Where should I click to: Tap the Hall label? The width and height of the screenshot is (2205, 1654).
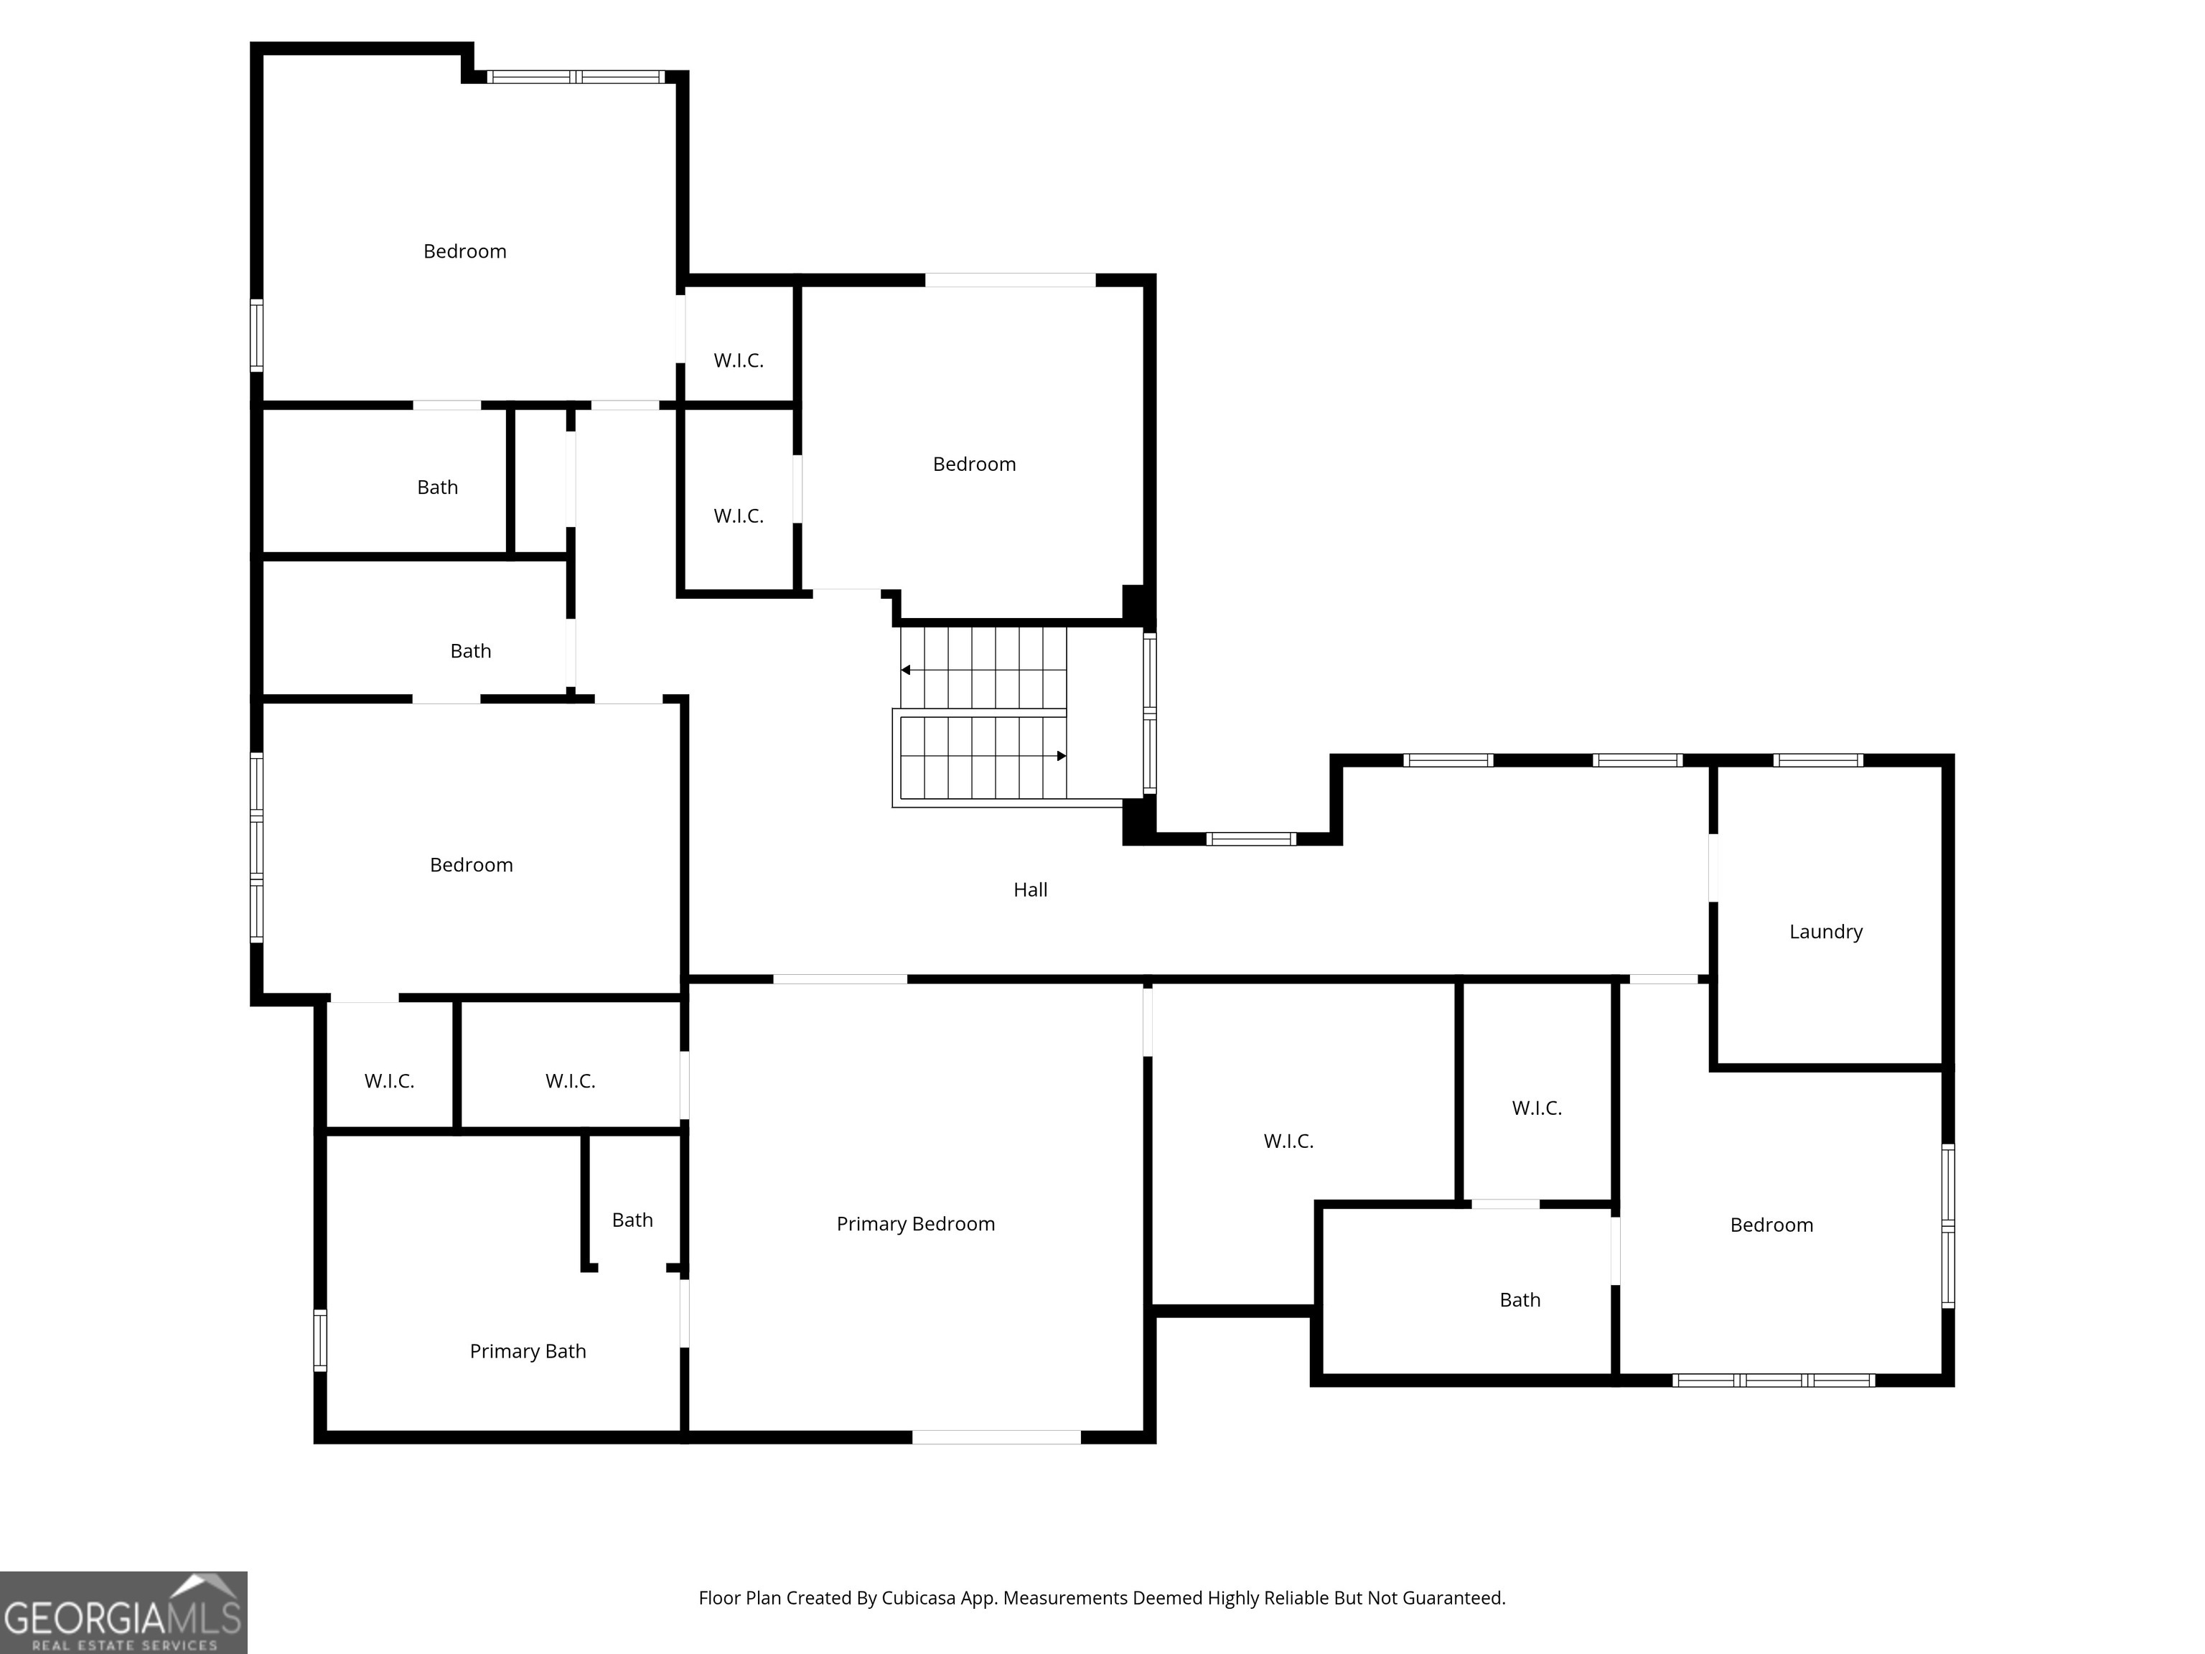(1030, 890)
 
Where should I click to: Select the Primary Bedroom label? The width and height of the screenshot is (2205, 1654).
(915, 1224)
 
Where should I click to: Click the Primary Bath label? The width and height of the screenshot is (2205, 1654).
(528, 1352)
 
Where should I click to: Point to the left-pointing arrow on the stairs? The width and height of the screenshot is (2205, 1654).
(906, 670)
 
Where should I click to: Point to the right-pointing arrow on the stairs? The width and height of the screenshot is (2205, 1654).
(1061, 756)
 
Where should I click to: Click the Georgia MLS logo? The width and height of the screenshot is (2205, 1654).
(123, 1612)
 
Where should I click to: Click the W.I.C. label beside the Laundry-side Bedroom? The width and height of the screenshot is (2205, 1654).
(1536, 1108)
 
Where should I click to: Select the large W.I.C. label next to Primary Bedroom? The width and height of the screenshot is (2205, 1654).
(1288, 1141)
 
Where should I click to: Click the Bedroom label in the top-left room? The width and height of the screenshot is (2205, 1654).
(464, 252)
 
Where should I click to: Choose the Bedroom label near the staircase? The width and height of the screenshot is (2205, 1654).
(974, 464)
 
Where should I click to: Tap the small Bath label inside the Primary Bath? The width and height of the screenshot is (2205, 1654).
(632, 1220)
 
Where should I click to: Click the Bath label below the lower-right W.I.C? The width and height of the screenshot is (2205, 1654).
(1520, 1300)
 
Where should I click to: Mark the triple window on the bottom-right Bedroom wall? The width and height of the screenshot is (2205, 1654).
(1774, 1380)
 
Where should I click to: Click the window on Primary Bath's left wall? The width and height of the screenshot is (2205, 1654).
(320, 1340)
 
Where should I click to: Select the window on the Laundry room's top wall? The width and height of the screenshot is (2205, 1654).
(1817, 761)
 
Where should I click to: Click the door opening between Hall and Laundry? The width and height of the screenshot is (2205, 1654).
(1713, 867)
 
